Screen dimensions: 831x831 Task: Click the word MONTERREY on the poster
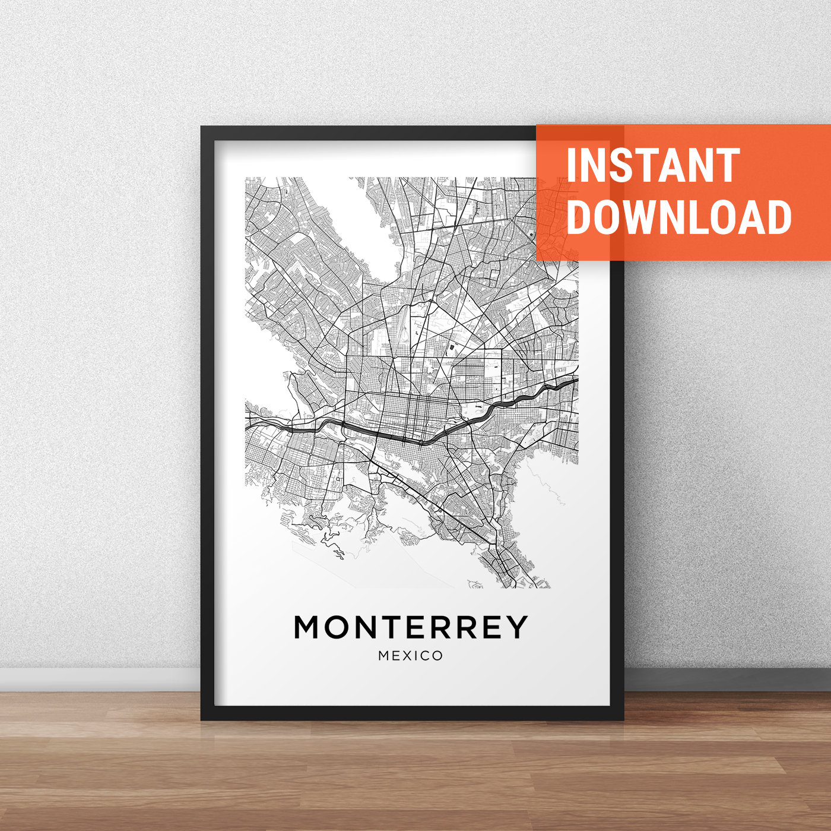pos(411,627)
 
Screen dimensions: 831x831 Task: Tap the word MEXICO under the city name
pos(411,656)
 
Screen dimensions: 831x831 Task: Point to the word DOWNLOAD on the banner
pos(679,217)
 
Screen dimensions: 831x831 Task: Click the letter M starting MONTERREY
pos(311,627)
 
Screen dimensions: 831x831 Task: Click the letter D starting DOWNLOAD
pos(579,217)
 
